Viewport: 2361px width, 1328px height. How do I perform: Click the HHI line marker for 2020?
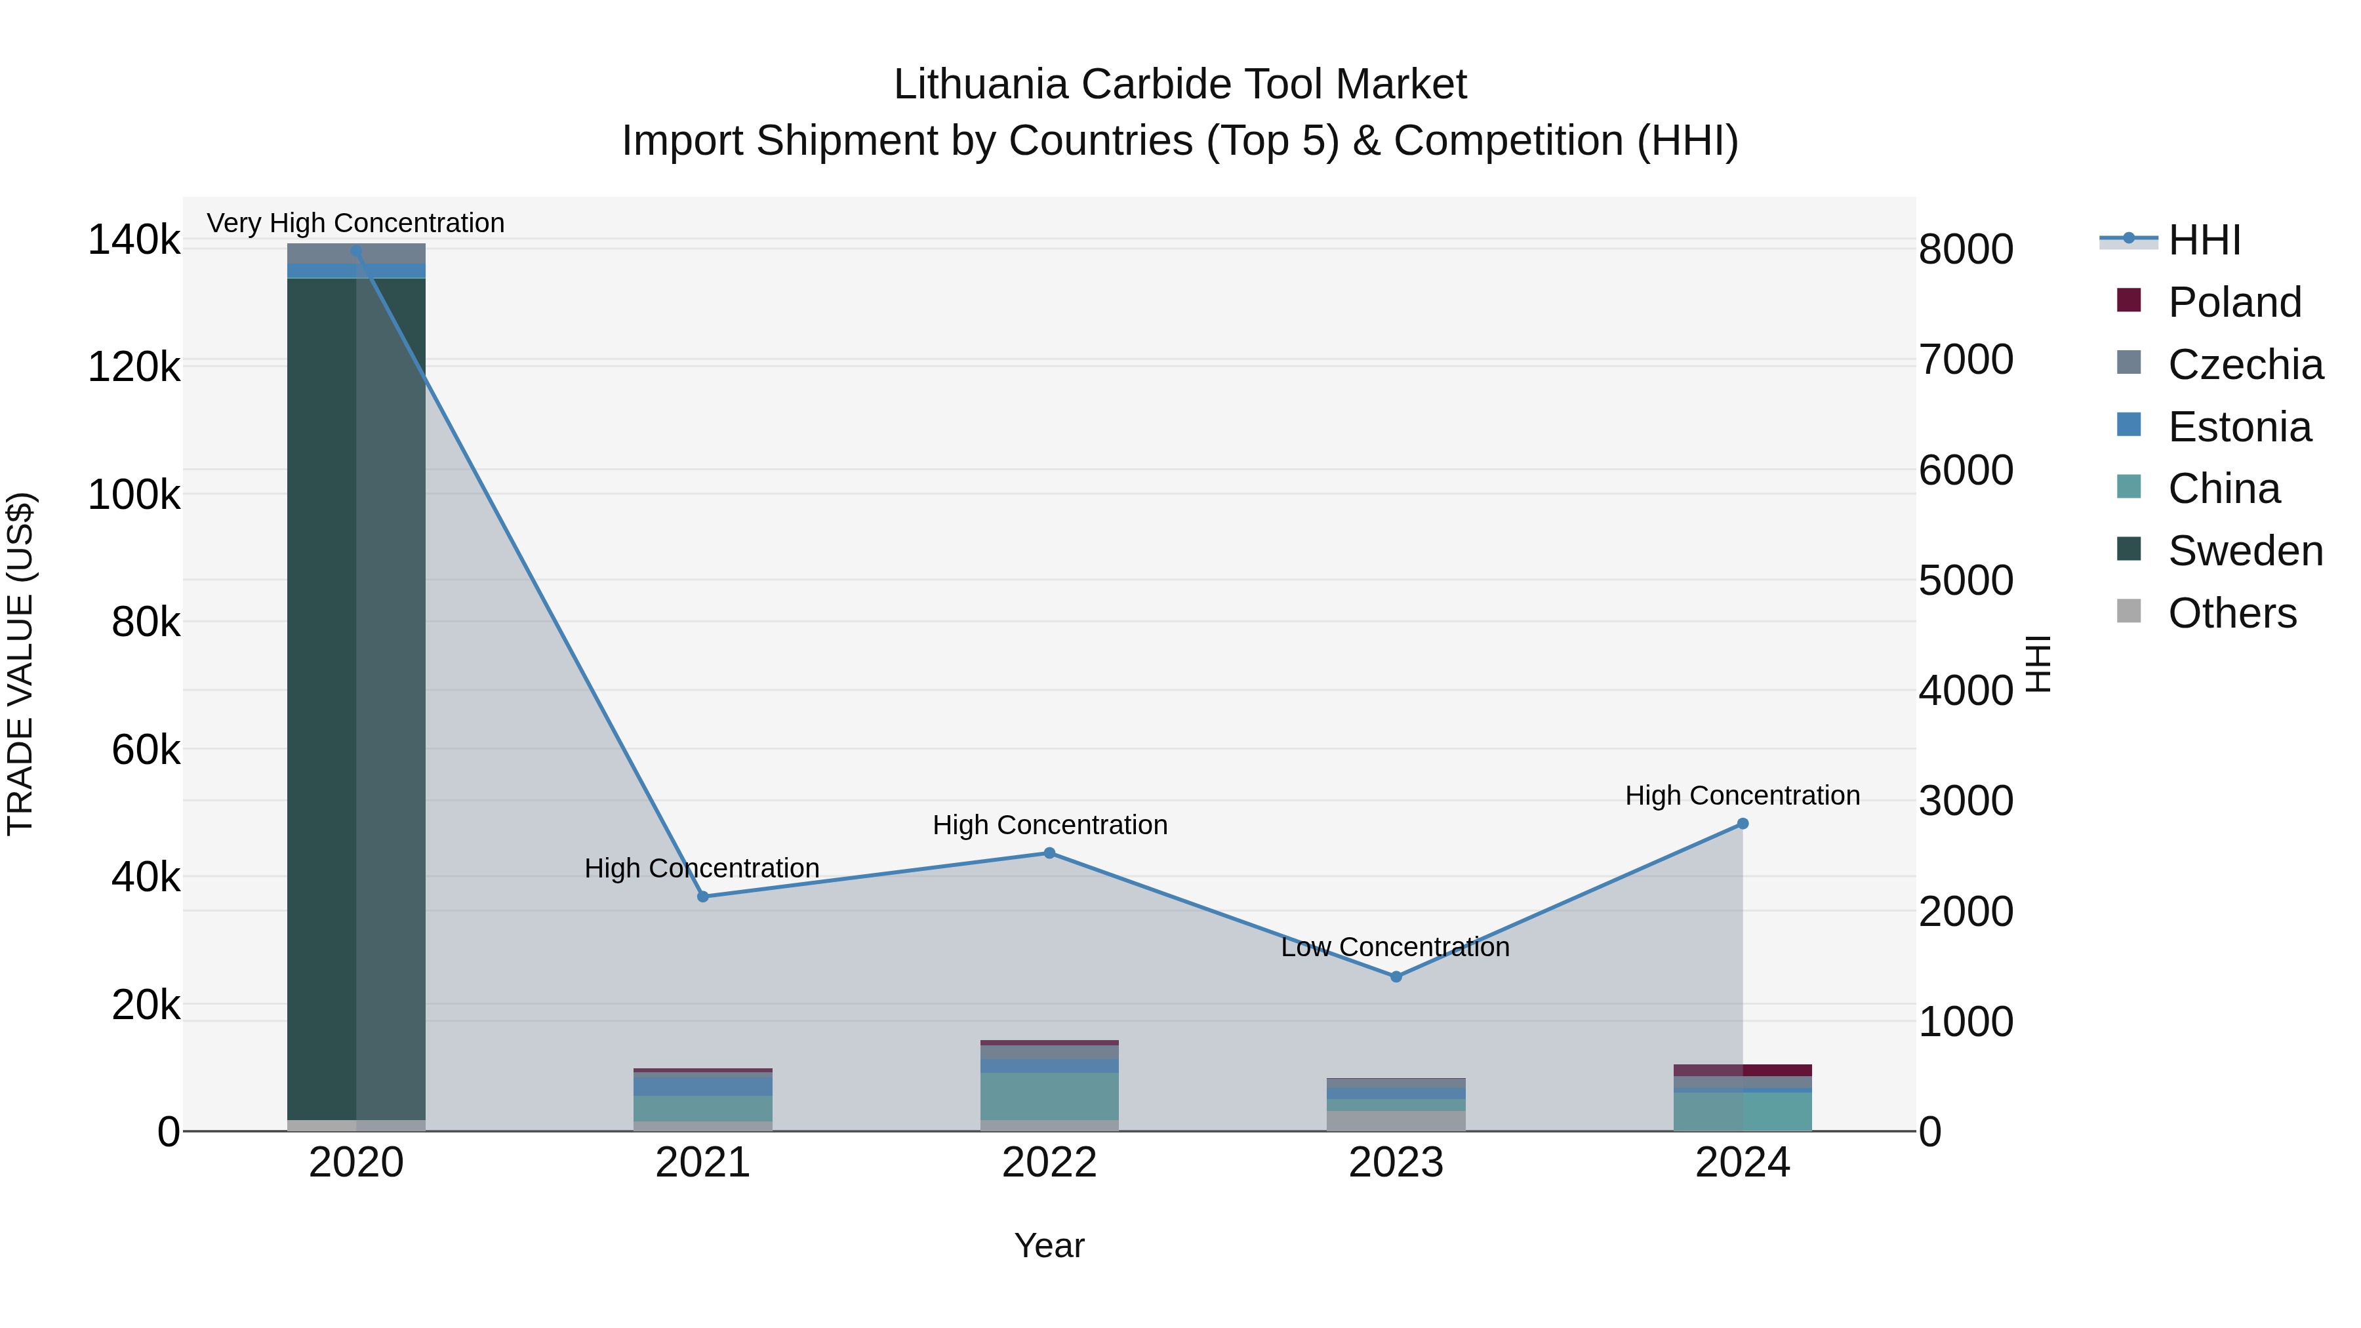(x=357, y=251)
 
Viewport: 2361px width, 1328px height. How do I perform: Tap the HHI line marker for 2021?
(x=703, y=896)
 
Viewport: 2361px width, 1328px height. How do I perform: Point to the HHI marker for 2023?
(x=1396, y=977)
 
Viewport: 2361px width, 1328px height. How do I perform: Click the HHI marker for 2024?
(x=1743, y=824)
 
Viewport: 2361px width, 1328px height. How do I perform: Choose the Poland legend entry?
(x=2234, y=302)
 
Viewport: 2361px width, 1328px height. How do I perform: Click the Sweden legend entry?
(x=2245, y=551)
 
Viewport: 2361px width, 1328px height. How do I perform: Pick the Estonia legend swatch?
(x=2129, y=425)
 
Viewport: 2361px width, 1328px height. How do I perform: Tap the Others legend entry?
(x=2232, y=613)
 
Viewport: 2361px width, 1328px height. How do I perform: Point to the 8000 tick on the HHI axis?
(x=1966, y=249)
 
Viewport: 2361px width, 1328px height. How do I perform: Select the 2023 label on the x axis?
(x=1396, y=1163)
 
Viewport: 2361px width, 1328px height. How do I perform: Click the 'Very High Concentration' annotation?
(x=355, y=223)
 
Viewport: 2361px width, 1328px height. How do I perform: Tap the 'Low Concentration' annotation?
(x=1395, y=947)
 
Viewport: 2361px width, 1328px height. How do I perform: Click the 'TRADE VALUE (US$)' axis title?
(x=20, y=664)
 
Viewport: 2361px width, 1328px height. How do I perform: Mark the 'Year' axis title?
(x=1049, y=1245)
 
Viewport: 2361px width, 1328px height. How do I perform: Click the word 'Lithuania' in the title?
(x=980, y=85)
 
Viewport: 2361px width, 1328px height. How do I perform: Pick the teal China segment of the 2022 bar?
(x=1049, y=1096)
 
